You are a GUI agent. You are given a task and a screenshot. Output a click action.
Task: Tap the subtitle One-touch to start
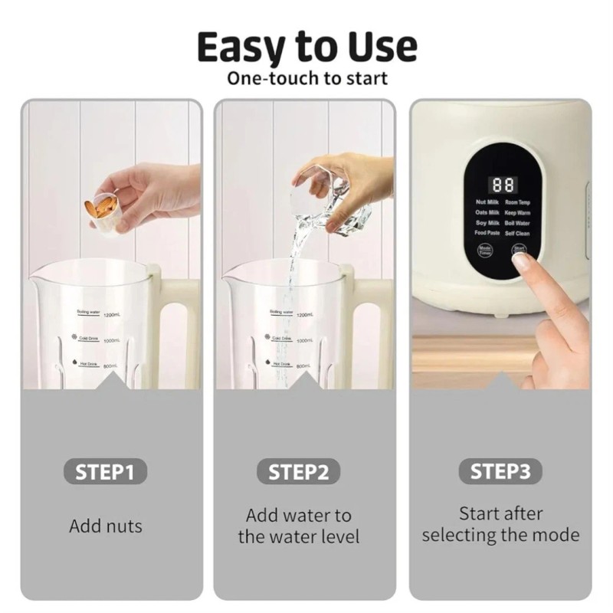tap(306, 78)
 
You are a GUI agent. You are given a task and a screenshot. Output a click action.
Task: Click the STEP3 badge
tap(500, 470)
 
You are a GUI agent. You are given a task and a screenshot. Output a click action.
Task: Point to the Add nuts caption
tap(106, 526)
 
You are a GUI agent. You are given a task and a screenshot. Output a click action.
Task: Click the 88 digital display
tap(503, 185)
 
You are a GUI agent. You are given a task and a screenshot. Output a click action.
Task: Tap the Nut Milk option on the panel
tap(487, 202)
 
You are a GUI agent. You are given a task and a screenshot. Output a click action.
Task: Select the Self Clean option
tap(517, 233)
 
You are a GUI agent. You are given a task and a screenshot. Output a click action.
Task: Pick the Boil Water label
tap(517, 223)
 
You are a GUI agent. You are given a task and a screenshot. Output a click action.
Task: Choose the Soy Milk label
tap(487, 223)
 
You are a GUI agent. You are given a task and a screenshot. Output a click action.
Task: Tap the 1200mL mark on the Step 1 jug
tap(110, 314)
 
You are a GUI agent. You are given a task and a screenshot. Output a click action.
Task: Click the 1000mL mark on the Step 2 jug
tap(304, 339)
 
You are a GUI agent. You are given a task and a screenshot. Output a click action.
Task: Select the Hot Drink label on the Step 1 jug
tap(87, 365)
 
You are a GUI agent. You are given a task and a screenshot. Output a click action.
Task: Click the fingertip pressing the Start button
tap(522, 261)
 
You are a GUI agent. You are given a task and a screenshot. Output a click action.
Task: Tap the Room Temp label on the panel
tap(517, 202)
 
